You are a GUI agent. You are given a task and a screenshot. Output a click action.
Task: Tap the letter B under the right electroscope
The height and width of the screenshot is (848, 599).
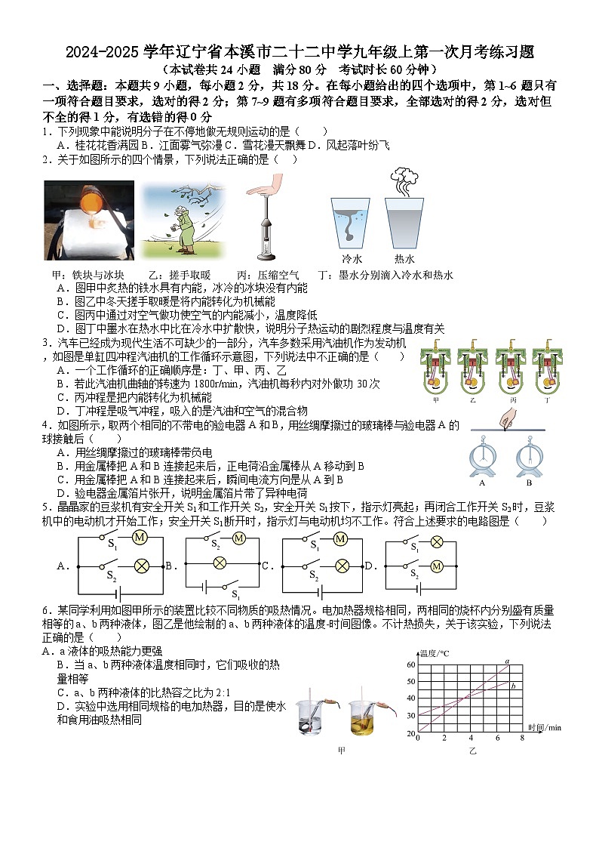point(529,483)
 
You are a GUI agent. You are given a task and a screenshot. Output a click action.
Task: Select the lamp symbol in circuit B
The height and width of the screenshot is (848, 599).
point(220,562)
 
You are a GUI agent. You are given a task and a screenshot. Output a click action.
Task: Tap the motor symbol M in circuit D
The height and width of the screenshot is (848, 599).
point(435,566)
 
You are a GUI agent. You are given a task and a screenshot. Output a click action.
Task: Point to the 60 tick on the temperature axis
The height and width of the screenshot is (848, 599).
point(410,665)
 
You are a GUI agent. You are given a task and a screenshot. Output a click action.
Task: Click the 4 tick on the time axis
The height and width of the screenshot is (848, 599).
point(472,738)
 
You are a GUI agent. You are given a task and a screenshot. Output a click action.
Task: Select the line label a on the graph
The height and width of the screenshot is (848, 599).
point(508,661)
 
